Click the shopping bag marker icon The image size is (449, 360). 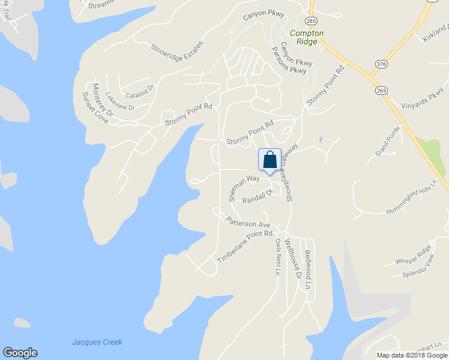pos(270,160)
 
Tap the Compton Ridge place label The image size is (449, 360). pos(306,38)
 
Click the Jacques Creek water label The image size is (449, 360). pos(97,342)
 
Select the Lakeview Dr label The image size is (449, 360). pos(120,100)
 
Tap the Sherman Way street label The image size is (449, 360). pos(243,187)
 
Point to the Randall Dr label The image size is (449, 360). pos(258,197)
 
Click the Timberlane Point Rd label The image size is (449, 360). pos(244,246)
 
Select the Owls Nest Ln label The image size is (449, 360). pos(278,257)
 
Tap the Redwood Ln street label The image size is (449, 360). pos(307,270)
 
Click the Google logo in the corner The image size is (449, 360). pos(20,353)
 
